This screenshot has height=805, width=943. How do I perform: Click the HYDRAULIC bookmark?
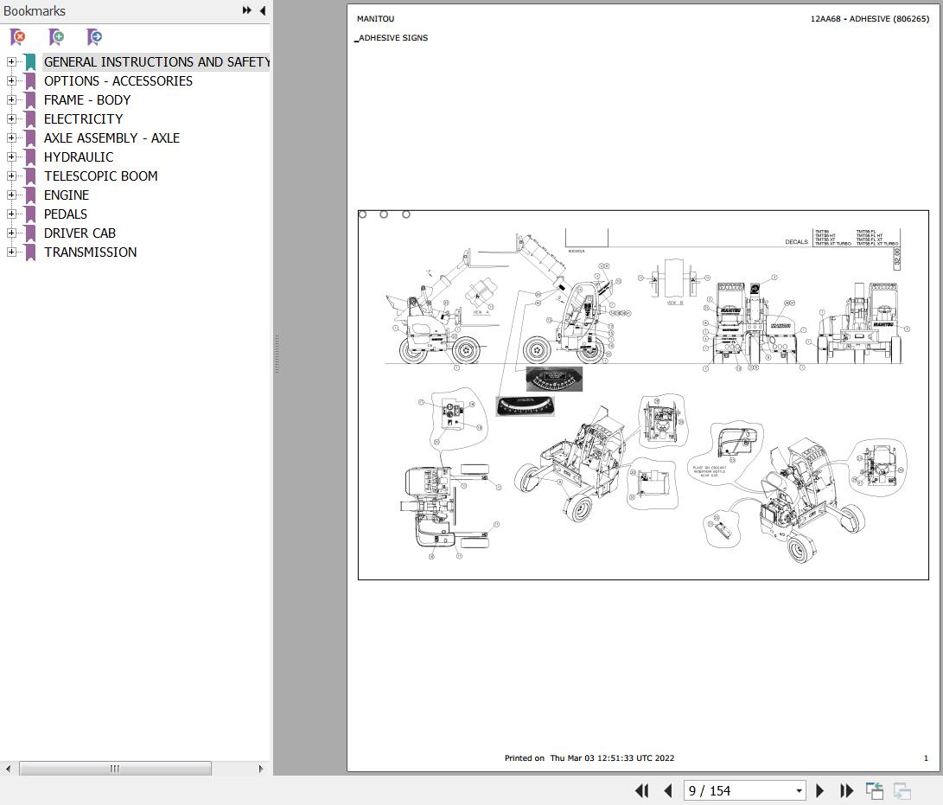coord(78,157)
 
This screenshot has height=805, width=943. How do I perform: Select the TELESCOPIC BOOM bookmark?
coord(100,176)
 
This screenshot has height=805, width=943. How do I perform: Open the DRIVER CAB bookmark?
coord(80,233)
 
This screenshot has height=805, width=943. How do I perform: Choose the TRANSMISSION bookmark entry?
coord(90,252)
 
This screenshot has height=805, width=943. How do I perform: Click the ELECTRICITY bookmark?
coord(83,119)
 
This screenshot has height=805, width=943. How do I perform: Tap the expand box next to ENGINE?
coord(11,195)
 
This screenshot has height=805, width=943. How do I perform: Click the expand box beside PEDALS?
coord(11,214)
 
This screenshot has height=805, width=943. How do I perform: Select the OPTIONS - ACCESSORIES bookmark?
coord(118,81)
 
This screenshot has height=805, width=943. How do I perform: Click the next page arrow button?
coord(820,790)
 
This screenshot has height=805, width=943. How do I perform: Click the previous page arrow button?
coord(667,790)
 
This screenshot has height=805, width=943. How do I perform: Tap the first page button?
coord(641,790)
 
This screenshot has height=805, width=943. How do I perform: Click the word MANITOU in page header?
coord(375,19)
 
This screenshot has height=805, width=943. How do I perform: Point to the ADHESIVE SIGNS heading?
coord(392,38)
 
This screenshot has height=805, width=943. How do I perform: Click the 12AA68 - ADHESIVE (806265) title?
coord(870,19)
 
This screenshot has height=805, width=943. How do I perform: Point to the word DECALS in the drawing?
coord(796,242)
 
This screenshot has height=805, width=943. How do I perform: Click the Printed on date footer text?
coord(589,758)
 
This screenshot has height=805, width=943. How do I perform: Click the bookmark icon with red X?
coord(17,37)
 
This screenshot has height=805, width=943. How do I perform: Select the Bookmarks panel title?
coord(35,11)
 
